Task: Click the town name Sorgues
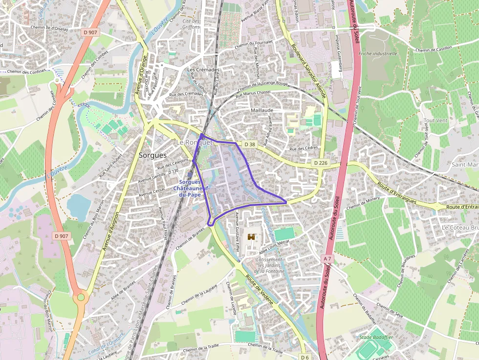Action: pyautogui.click(x=152, y=155)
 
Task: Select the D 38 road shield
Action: pyautogui.click(x=249, y=144)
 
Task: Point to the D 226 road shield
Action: pyautogui.click(x=320, y=162)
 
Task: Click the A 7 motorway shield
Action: pyautogui.click(x=327, y=257)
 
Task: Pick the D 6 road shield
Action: pyautogui.click(x=305, y=357)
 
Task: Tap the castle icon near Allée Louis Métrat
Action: pyautogui.click(x=252, y=237)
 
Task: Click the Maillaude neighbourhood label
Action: pyautogui.click(x=262, y=110)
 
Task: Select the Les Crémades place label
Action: pyautogui.click(x=203, y=70)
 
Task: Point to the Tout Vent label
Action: pyautogui.click(x=435, y=120)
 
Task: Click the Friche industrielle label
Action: pyautogui.click(x=378, y=53)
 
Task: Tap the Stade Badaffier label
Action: pyautogui.click(x=375, y=338)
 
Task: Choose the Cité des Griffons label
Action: pyautogui.click(x=191, y=24)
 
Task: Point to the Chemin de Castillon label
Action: pyautogui.click(x=434, y=49)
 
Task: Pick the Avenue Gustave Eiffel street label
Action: pyautogui.click(x=238, y=230)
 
